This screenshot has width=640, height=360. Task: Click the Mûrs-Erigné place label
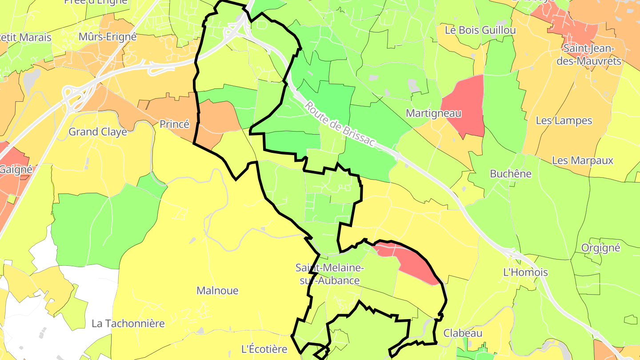[x=107, y=36]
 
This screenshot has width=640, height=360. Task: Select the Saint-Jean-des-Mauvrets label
[x=588, y=55]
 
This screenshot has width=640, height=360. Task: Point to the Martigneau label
[x=433, y=113]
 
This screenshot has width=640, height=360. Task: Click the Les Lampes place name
[x=564, y=120]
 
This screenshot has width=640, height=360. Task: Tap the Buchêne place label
[x=510, y=174]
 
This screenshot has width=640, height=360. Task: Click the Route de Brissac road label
[x=340, y=125]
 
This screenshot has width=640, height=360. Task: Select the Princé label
[x=174, y=124]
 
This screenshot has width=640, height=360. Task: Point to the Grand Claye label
[x=97, y=132]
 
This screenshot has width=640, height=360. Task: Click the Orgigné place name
[x=600, y=248]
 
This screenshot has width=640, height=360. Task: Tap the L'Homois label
[x=525, y=272]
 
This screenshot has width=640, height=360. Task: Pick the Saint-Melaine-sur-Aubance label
[x=330, y=274]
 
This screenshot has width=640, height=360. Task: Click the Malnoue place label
[x=217, y=291]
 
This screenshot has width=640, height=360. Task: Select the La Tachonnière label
[x=128, y=324]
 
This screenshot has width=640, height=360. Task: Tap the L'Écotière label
[x=264, y=349]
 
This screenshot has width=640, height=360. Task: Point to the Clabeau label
[x=463, y=333]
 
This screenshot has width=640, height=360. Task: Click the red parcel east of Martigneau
[x=466, y=104]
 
